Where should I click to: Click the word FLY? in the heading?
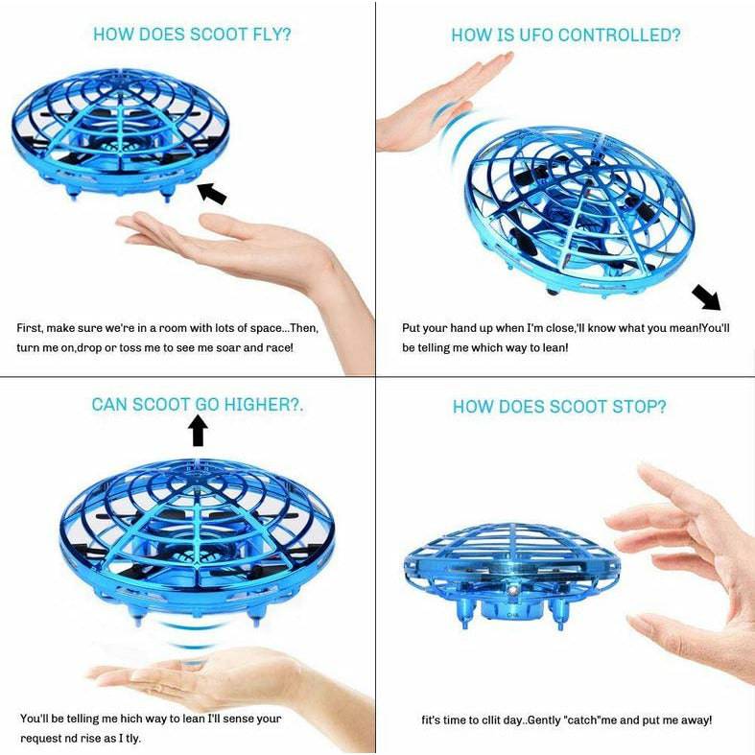point(267,35)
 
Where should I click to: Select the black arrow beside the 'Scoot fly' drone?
point(212,193)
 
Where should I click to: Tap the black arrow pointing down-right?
point(706,297)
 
